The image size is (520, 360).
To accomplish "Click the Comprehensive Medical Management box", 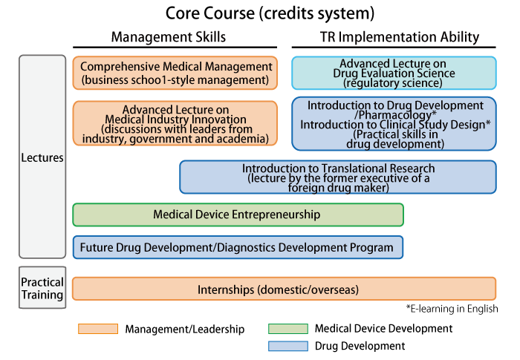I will [x=175, y=73].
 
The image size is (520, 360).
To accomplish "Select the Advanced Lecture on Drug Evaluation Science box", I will [x=393, y=73].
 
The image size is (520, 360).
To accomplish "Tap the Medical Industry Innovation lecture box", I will [x=175, y=123].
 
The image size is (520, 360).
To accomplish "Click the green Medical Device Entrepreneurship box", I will [x=238, y=215].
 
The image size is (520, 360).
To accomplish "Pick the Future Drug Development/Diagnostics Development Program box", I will [x=238, y=247].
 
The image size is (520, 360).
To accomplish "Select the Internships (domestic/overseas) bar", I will [x=284, y=289].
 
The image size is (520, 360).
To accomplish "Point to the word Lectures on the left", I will [x=42, y=157].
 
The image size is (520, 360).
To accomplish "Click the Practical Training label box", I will [x=42, y=288].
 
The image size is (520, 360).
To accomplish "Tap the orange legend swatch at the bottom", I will [x=98, y=329].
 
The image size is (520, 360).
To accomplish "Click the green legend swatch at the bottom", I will [x=288, y=329].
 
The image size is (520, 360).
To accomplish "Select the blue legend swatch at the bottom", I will [x=288, y=346].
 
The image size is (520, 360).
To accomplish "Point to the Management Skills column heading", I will [x=168, y=37].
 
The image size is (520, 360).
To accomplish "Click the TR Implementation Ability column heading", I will [x=400, y=37].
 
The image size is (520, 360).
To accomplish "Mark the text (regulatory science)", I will [x=393, y=83].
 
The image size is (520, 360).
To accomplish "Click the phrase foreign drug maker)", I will [x=338, y=189].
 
